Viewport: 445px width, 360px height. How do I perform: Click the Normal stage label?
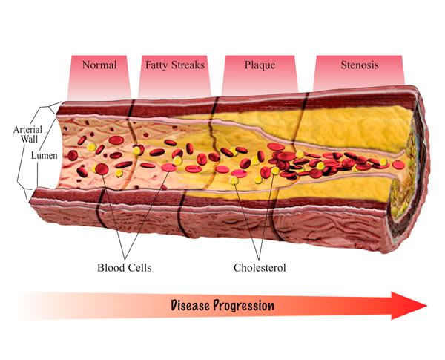tap(99, 65)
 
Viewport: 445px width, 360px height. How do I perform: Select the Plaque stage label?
tap(260, 65)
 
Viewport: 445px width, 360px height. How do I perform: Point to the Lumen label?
tap(43, 157)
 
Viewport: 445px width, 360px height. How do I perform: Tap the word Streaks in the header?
tap(186, 65)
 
